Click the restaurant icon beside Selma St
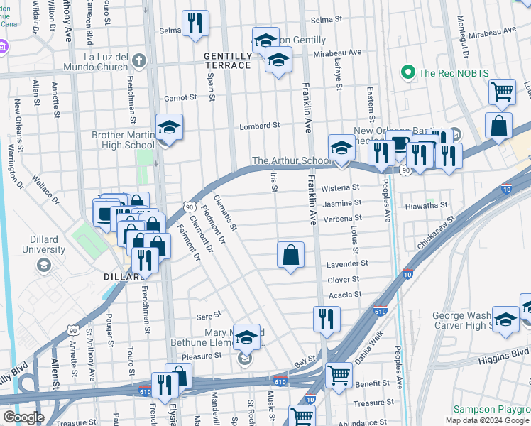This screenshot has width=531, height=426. click(x=195, y=23)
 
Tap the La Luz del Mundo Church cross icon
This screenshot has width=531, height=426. click(x=138, y=60)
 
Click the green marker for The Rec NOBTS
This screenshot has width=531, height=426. click(x=407, y=72)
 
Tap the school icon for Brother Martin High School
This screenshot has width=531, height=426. click(x=169, y=129)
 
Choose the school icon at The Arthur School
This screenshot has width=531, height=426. click(x=341, y=149)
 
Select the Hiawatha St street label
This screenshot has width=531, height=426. click(x=428, y=204)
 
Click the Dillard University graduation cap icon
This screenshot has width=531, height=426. click(x=44, y=265)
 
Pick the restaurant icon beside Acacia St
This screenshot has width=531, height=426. click(x=327, y=319)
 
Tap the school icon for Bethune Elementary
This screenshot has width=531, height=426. click(x=246, y=337)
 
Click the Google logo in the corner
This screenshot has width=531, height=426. click(x=23, y=417)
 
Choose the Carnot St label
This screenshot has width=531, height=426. click(x=180, y=98)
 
